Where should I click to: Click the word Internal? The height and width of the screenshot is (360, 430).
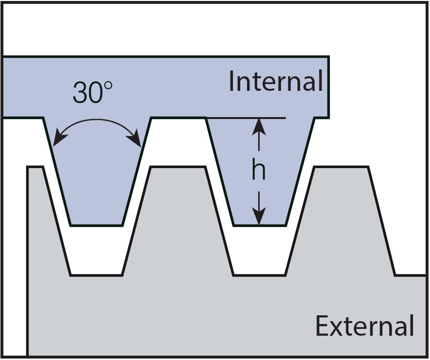(x=276, y=81)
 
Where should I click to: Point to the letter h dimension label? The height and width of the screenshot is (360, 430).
(x=259, y=171)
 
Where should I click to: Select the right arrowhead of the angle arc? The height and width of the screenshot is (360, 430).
(x=138, y=141)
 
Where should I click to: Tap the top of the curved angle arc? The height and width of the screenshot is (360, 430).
(x=97, y=120)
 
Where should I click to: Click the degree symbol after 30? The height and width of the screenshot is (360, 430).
(x=108, y=86)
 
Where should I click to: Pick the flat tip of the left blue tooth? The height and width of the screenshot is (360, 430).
(x=96, y=225)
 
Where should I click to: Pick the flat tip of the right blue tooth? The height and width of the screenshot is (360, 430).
(x=259, y=225)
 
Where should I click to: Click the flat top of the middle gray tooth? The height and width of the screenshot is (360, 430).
(x=178, y=168)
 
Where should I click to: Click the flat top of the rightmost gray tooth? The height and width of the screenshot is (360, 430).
(x=341, y=168)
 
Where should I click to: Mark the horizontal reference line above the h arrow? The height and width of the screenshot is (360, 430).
(x=272, y=118)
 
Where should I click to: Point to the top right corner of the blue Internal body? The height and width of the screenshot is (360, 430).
(x=328, y=57)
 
